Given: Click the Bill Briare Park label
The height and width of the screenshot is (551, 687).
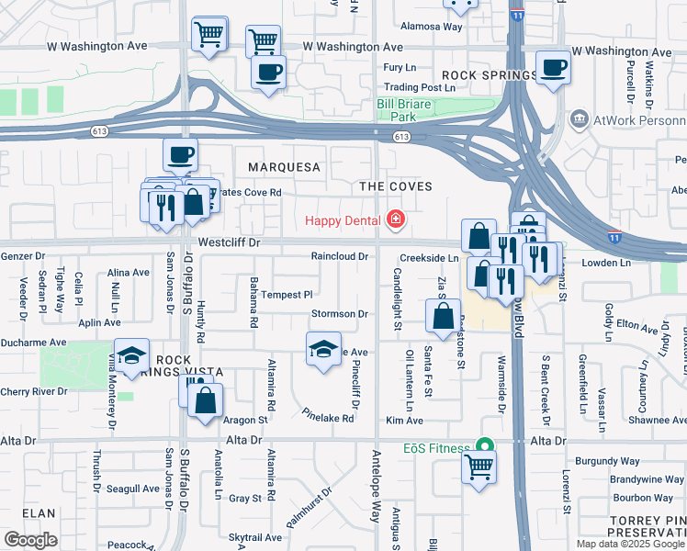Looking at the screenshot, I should coord(410,110).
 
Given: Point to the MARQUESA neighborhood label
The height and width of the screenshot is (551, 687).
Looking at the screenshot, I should coord(284,167).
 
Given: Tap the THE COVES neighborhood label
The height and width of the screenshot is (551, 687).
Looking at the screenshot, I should coord(395,186).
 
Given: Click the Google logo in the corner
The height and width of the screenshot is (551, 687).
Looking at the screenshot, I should coord(29,540).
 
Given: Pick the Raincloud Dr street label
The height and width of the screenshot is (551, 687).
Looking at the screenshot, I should coord(339,257).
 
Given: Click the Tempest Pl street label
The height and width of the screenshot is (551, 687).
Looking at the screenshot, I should coord(287,295).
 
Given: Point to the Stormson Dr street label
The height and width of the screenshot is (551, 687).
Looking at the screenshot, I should coord(340,314).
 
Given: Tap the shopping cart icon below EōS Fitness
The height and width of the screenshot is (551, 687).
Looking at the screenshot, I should coord(479,468).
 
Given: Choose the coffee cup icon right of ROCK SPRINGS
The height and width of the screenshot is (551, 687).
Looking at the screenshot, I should coord(552,69).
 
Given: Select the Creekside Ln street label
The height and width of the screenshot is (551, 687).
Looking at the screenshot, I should coord(429,259).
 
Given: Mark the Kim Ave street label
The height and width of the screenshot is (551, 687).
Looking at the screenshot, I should coord(404,421).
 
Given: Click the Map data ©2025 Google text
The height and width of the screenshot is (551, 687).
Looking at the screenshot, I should coord(630,544).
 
